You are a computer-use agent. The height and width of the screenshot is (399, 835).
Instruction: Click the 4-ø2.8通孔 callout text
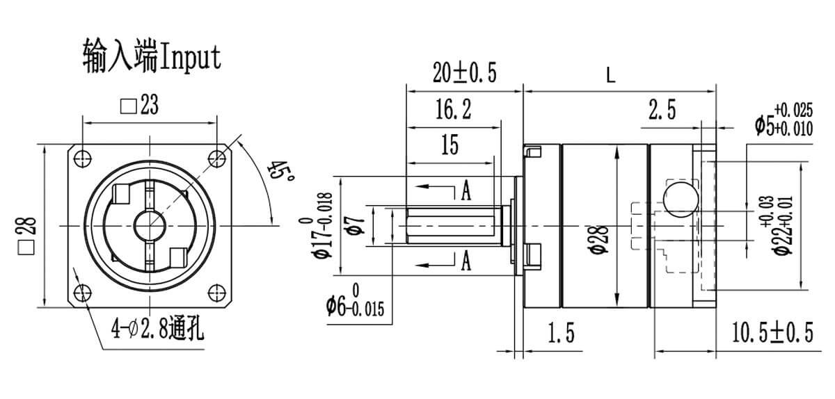pos(157,327)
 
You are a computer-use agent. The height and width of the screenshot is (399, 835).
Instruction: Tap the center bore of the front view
pos(150,225)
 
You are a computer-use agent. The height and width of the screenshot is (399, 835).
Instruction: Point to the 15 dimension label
pos(450,145)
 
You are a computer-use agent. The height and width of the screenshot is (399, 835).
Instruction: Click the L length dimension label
pos(610,76)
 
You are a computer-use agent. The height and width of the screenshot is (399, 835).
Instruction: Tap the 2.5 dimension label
pos(662,111)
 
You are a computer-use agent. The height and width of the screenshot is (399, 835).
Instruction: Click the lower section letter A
pos(466,261)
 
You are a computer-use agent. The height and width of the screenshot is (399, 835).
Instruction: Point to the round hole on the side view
pos(680,198)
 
